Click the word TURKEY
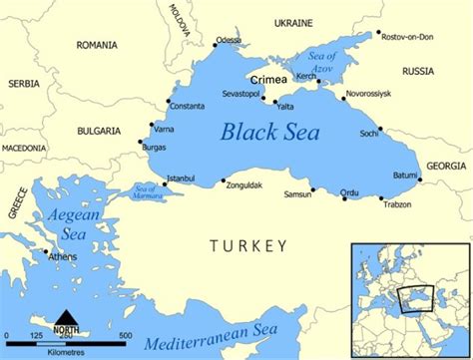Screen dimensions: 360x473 pyautogui.click(x=247, y=245)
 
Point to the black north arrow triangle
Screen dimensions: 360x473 pyautogui.click(x=67, y=316)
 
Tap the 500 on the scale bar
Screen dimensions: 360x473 pyautogui.click(x=125, y=334)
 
